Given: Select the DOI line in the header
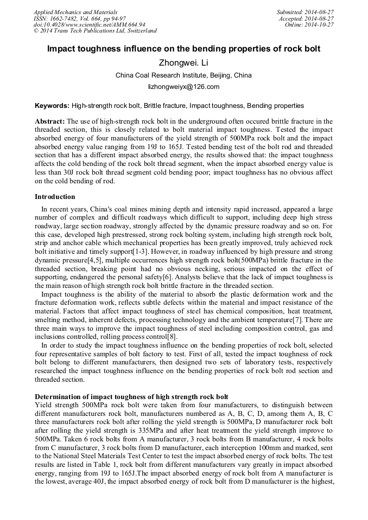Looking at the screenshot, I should [89, 25].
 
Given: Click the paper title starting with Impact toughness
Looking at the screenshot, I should [183, 49].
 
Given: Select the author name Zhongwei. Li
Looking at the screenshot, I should [183, 63].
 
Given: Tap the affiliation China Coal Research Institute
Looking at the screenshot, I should [183, 75].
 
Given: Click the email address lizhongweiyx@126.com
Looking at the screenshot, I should [183, 87].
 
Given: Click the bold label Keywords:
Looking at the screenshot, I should [52, 106].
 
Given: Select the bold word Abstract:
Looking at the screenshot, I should [50, 121].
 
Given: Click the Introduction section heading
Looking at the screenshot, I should [55, 197].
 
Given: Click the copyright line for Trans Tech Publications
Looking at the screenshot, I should [95, 31].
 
